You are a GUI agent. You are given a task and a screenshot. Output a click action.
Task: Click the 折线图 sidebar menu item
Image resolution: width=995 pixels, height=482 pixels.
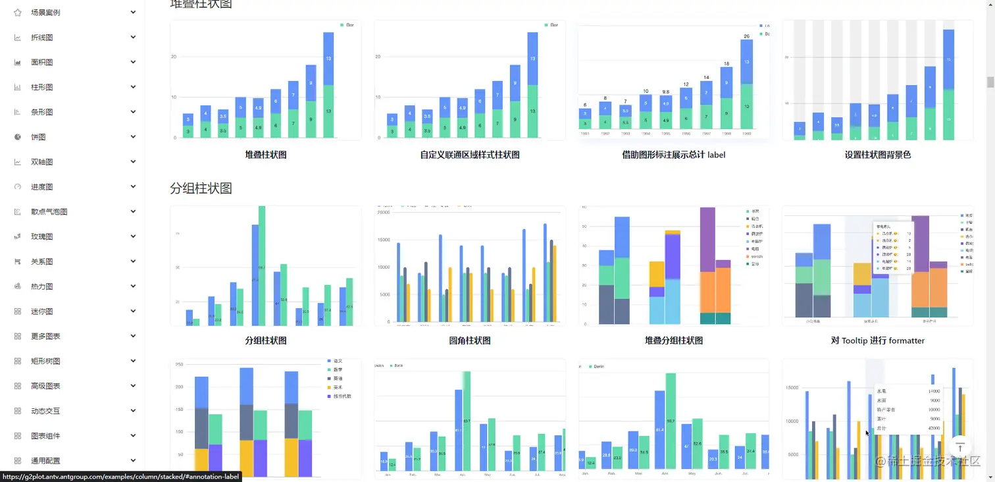coord(41,38)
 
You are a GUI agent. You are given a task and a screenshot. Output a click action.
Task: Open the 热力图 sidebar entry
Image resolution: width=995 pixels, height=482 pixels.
coord(41,286)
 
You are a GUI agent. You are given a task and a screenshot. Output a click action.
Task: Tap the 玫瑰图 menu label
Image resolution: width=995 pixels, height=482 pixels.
coord(41,236)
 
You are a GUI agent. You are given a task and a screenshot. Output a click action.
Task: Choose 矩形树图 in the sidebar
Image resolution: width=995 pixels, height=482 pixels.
coord(45,361)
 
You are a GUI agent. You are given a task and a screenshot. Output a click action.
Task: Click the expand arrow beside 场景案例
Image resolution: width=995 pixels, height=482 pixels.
coord(133,13)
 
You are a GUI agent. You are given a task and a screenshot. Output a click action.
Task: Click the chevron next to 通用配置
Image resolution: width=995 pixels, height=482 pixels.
coord(133,460)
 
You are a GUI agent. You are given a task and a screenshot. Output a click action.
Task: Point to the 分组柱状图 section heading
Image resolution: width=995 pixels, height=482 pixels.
coord(201,188)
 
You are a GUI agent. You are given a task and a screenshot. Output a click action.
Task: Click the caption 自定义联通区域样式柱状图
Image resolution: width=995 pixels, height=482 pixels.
coord(469,155)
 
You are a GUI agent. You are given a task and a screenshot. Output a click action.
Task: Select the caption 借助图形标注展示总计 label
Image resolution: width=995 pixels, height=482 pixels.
coord(673,155)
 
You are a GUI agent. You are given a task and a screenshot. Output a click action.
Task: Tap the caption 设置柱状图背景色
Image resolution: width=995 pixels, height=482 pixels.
coord(877,155)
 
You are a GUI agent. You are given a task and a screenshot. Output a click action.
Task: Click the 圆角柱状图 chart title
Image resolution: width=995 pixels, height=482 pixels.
coord(469,340)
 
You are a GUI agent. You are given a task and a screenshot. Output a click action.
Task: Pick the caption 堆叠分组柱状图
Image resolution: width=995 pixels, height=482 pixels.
coord(673,340)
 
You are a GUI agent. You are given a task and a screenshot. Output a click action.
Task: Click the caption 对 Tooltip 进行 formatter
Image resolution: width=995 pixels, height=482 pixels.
coord(877,340)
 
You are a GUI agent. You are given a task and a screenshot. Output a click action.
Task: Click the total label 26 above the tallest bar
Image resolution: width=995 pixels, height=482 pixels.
coord(746,36)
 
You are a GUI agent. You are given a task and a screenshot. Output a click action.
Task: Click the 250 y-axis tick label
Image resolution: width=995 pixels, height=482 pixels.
coord(178,364)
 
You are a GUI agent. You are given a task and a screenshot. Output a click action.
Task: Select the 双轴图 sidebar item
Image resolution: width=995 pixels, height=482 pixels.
coord(41,162)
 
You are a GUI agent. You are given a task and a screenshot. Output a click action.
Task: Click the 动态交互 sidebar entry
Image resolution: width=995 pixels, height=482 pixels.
coord(45,411)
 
